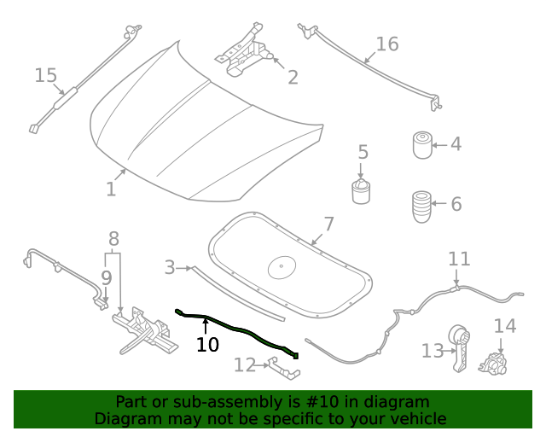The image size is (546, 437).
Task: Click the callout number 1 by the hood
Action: (111, 189)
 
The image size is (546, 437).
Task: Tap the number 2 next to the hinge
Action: (293, 78)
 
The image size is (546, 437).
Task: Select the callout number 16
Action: (387, 44)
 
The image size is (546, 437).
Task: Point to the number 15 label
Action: (45, 76)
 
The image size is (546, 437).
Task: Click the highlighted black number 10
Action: (207, 345)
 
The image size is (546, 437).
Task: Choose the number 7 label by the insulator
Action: (328, 224)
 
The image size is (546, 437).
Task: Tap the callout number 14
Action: (505, 326)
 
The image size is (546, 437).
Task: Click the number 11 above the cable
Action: (459, 259)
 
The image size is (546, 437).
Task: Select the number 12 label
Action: (244, 365)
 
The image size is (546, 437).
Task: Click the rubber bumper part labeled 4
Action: (421, 145)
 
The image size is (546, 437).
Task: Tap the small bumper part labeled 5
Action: (362, 190)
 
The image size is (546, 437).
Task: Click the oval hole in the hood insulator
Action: (281, 267)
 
